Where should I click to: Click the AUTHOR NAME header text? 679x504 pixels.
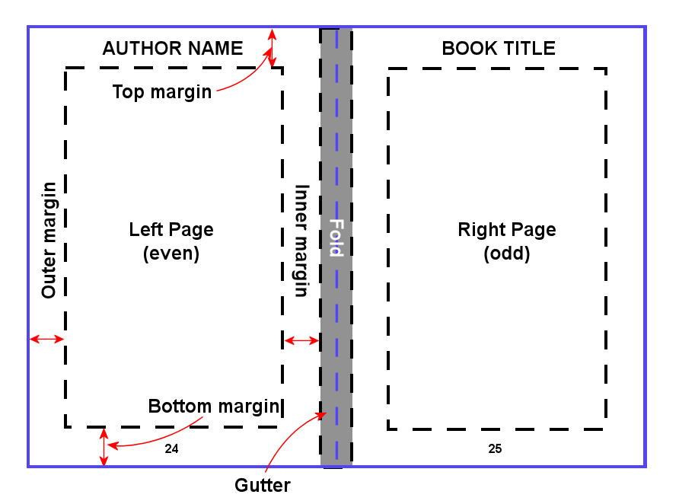pos(173,49)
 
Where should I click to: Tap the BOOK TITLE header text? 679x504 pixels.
pos(499,49)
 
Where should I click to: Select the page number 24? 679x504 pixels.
pos(171,449)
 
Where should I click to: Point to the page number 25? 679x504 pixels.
pos(495,449)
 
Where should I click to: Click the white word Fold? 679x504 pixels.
pos(336,238)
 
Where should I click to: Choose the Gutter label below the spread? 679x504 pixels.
pos(263,485)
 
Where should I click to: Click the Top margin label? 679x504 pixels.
pos(161,92)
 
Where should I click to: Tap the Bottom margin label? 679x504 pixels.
pos(214,406)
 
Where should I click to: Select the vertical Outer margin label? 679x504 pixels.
pos(49,240)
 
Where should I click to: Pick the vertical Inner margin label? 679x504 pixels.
pos(301,241)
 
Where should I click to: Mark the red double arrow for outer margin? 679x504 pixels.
pos(46,339)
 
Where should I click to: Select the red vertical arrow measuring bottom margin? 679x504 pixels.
pos(104,447)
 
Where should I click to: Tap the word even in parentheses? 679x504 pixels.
pos(171,254)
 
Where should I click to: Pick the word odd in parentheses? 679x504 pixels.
pos(507,254)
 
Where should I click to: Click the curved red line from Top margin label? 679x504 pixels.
pos(247,82)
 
